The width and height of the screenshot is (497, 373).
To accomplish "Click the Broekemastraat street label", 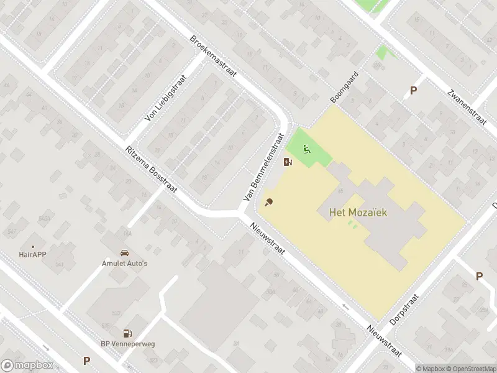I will [x=214, y=56].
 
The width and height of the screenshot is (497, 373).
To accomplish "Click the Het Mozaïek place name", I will [x=358, y=213].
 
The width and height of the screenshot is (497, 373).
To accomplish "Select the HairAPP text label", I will [x=33, y=254].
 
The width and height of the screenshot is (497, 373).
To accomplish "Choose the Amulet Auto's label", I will [x=124, y=264].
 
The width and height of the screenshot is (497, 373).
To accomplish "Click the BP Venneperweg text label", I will [x=127, y=343].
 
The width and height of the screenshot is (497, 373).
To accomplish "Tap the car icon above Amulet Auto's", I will [x=124, y=253].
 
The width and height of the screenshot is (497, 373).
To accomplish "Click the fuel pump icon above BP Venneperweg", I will [x=127, y=333].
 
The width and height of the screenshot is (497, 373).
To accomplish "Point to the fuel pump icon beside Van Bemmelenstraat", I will [x=288, y=162].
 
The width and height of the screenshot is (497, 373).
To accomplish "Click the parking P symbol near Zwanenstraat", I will [x=413, y=91].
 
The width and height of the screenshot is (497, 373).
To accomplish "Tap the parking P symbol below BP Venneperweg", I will [x=86, y=360].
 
